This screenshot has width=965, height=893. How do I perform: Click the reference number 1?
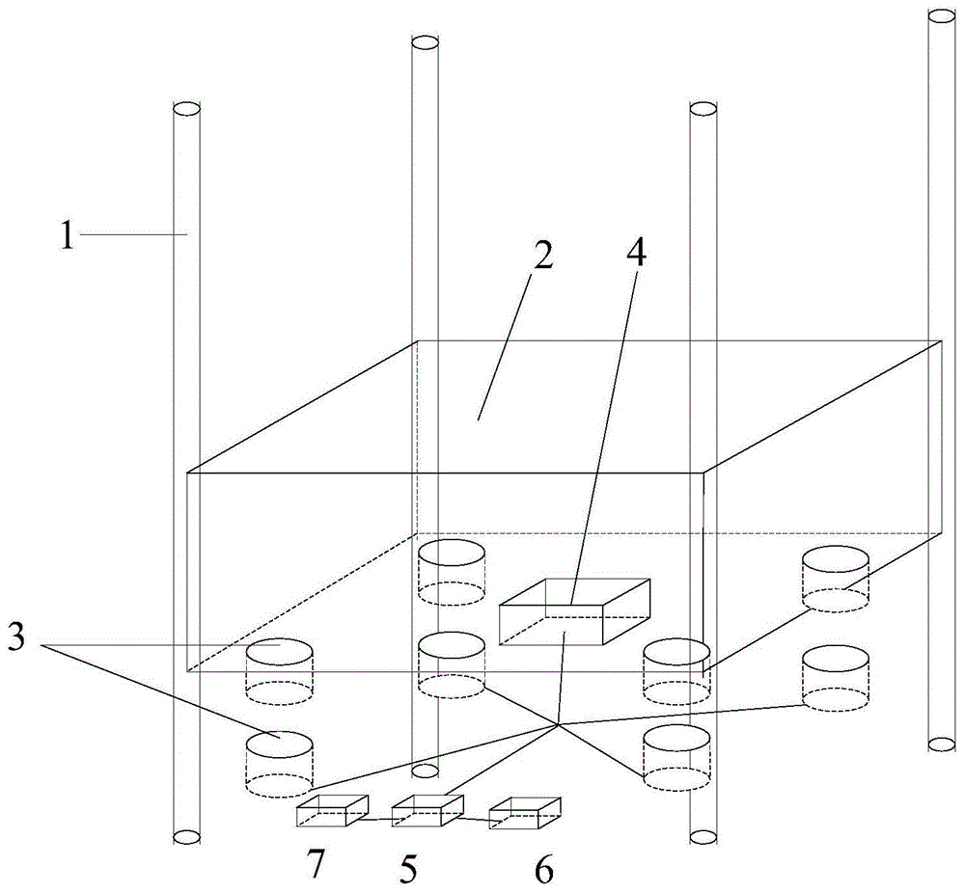pyautogui.click(x=67, y=235)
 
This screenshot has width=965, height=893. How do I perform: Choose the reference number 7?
pyautogui.click(x=315, y=863)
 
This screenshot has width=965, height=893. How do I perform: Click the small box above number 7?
pyautogui.click(x=332, y=811)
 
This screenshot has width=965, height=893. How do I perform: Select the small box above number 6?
pyautogui.click(x=525, y=813)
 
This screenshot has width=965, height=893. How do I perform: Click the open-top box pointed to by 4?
pyautogui.click(x=574, y=611)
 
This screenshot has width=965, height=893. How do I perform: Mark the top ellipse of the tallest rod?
pyautogui.click(x=942, y=16)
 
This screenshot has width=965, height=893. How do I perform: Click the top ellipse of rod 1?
pyautogui.click(x=186, y=110)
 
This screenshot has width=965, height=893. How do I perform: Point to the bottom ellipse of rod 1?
pyautogui.click(x=186, y=836)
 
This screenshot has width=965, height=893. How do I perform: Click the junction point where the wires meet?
pyautogui.click(x=558, y=726)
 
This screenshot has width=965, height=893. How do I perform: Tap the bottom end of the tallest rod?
pyautogui.click(x=942, y=744)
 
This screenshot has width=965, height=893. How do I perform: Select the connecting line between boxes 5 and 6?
pyautogui.click(x=475, y=819)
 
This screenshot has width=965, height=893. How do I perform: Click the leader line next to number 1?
pyautogui.click(x=133, y=233)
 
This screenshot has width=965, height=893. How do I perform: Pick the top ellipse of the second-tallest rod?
pyautogui.click(x=425, y=43)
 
